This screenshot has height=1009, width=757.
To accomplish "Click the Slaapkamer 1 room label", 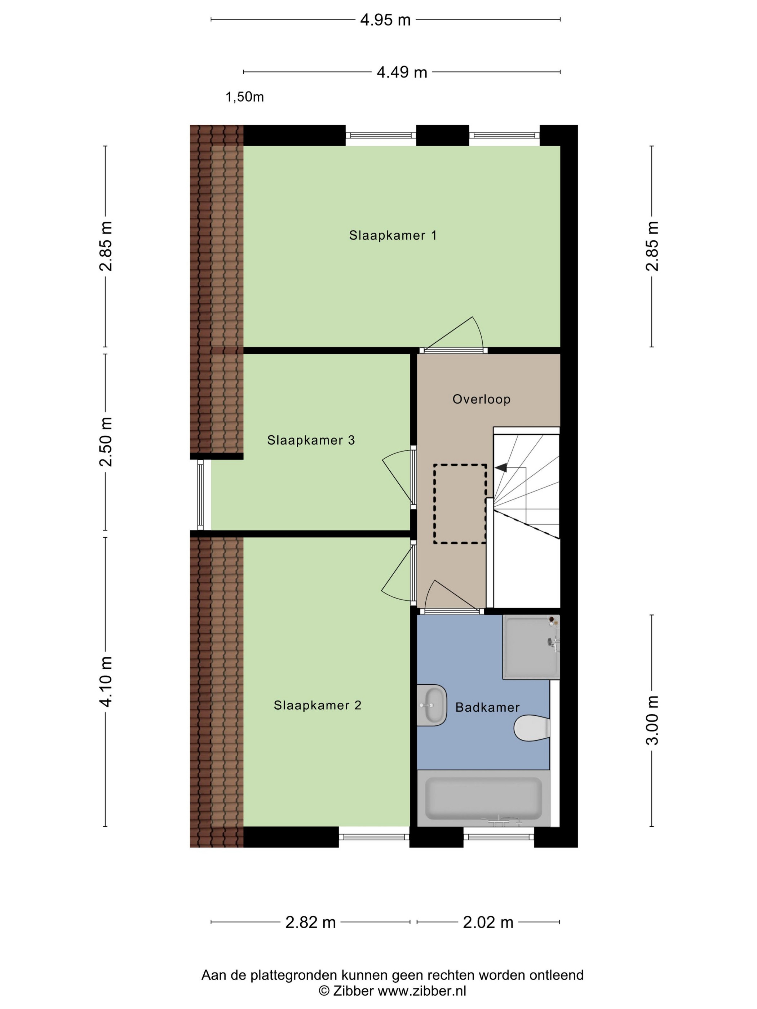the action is pos(393,235).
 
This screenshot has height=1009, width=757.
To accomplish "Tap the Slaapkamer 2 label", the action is pos(318,705).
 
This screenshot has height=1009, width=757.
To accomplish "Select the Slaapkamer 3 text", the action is pos(311,440).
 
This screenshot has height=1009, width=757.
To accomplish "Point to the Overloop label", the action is pos(481,399).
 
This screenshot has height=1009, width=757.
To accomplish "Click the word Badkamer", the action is pos(487,707).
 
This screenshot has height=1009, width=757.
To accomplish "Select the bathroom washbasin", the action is pos(431,705).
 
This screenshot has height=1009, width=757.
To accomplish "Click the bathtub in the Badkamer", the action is pos(484,798).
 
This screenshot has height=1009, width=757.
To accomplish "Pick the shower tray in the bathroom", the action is pos(531,647).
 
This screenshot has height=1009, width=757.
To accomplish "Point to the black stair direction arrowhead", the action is pos(501,467).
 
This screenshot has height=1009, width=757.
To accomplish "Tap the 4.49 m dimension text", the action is pos(402,72).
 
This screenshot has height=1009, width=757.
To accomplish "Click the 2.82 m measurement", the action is pos(310,922).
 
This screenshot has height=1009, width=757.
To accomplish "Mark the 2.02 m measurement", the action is pos(488,922).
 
